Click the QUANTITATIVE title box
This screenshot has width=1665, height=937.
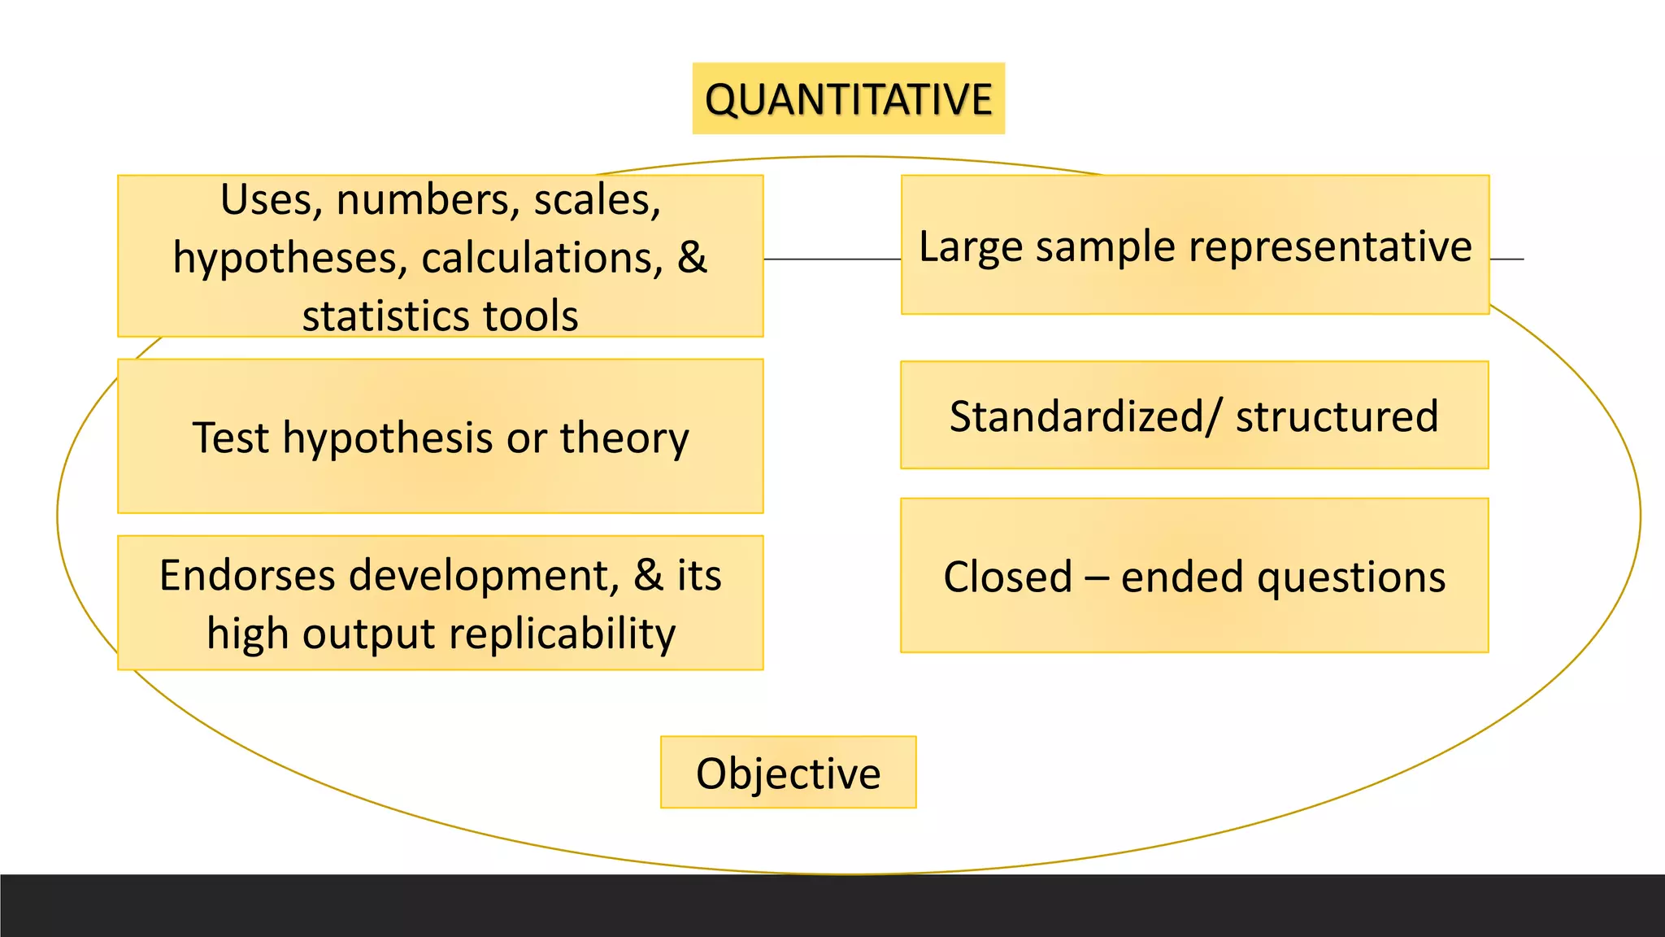tap(848, 98)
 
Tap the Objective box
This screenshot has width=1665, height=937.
tap(788, 773)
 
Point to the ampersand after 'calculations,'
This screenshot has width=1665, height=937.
tap(692, 258)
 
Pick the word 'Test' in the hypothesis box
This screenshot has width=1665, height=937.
tap(230, 438)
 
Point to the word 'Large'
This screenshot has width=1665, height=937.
tap(970, 246)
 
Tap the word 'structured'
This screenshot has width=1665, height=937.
tap(1337, 416)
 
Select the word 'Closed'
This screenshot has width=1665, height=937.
tap(1008, 577)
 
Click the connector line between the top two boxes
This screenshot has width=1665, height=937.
tap(832, 259)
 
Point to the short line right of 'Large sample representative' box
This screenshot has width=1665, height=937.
tap(1507, 259)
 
